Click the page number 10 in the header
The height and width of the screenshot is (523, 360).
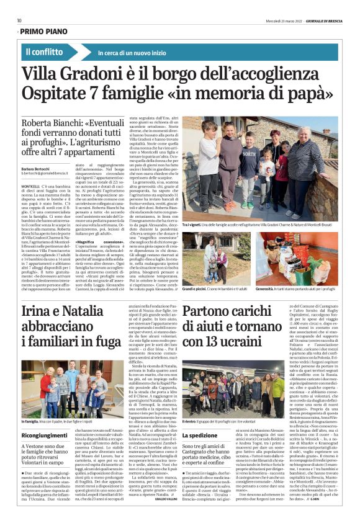coord(19,20)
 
